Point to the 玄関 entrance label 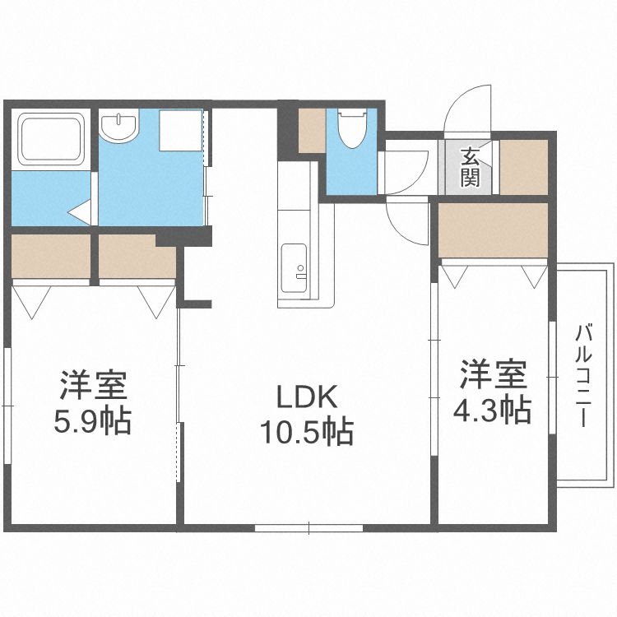[470, 167]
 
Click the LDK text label [306, 399]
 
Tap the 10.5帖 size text [307, 430]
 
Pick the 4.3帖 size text [492, 409]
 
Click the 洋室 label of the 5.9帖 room [91, 385]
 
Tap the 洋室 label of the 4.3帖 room [492, 374]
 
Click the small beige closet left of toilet [311, 130]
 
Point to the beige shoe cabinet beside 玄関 [523, 167]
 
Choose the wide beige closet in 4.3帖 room [492, 230]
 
